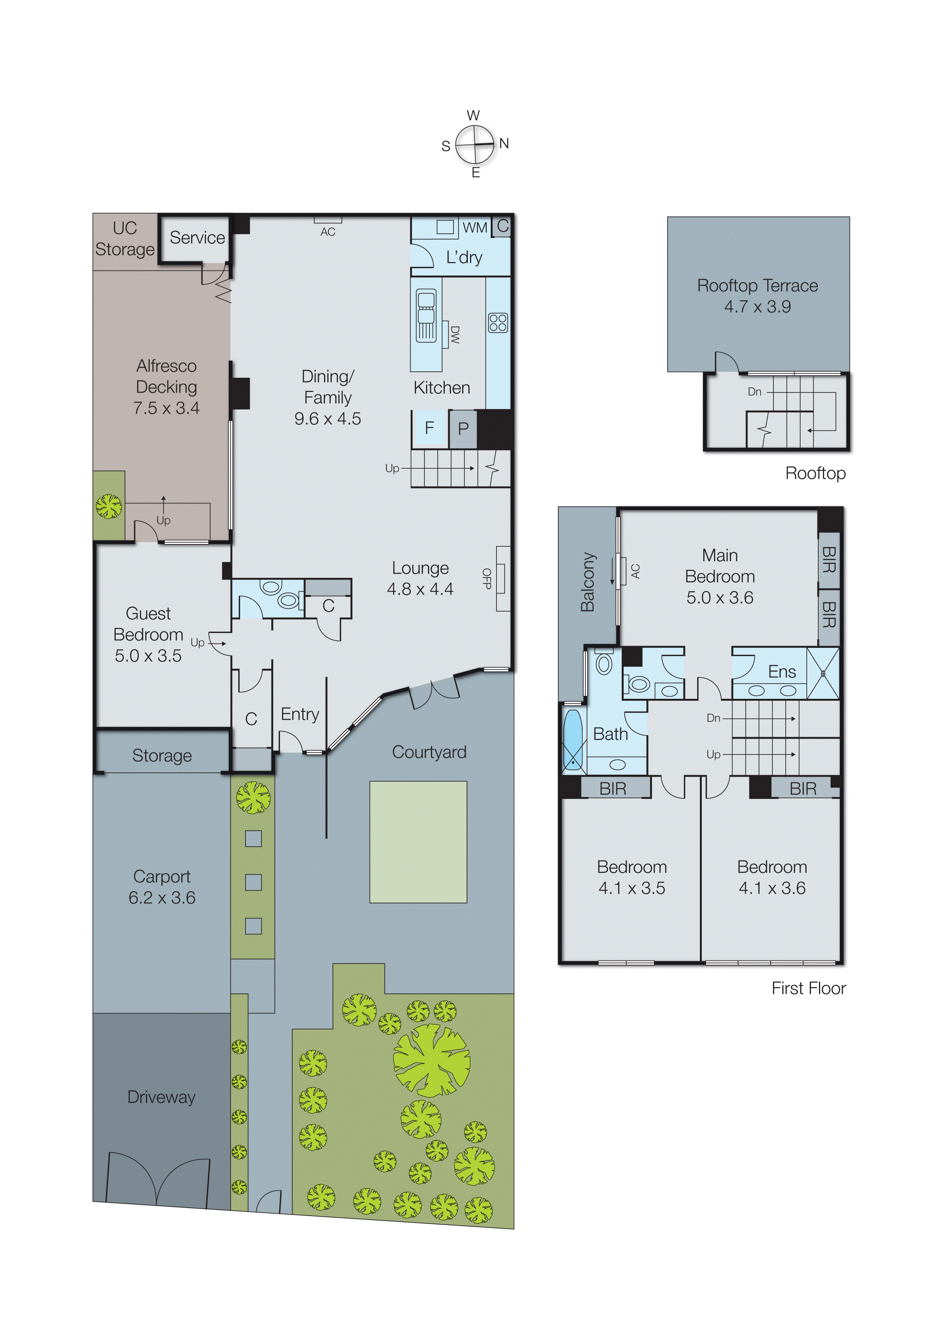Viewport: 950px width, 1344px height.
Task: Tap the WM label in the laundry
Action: coord(475,228)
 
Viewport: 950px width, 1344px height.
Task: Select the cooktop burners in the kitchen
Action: coord(498,323)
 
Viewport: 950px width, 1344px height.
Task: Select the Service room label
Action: coord(197,238)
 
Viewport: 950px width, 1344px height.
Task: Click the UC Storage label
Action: coord(124,239)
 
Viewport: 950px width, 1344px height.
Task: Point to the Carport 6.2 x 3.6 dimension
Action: coord(162,897)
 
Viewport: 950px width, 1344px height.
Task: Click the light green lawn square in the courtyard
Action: coord(418,842)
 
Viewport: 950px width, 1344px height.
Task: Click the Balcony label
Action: coord(587,582)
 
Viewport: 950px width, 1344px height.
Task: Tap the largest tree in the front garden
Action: coord(431,1060)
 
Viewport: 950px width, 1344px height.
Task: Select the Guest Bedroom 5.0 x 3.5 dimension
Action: coord(148,656)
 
